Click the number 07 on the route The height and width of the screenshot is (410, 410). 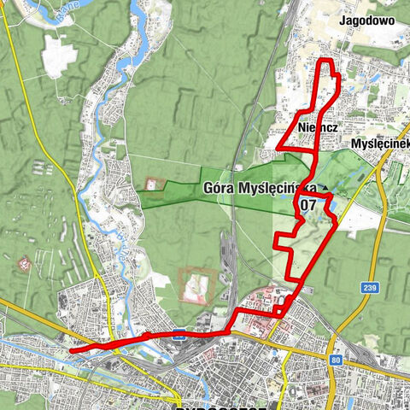coord(307,205)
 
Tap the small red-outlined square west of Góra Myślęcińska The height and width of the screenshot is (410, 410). coord(153,184)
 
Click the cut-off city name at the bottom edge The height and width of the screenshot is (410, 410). coord(214,406)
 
